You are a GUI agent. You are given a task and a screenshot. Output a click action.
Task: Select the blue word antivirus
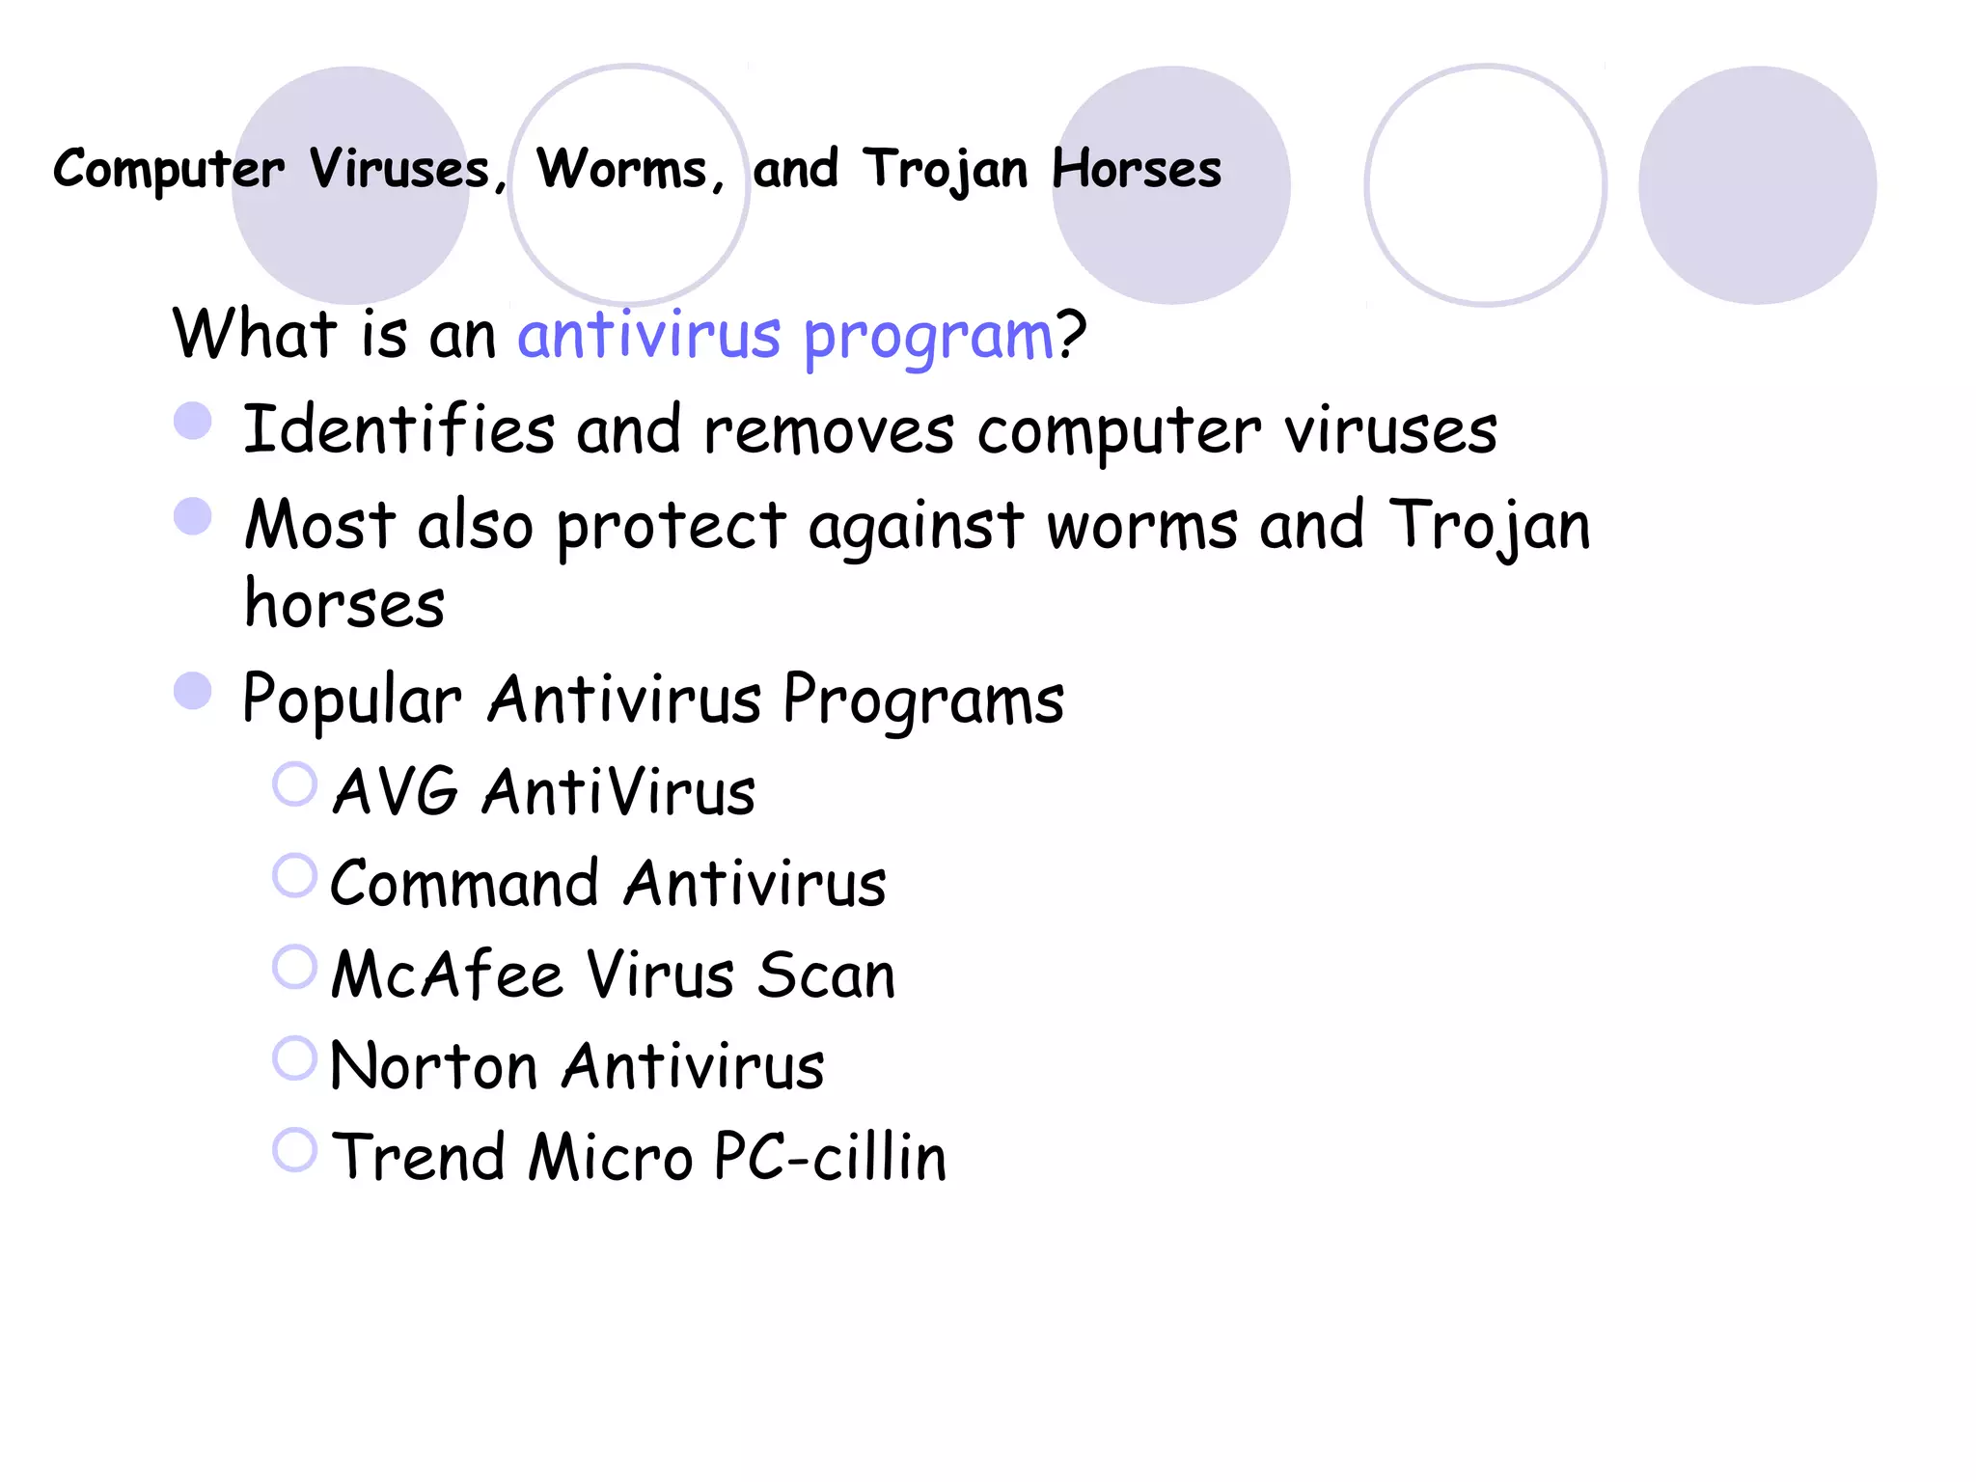point(648,335)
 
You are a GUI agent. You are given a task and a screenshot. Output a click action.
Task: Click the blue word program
point(927,338)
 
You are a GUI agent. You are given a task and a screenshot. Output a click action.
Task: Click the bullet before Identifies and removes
point(193,421)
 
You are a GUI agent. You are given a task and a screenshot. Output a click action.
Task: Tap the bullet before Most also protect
point(193,516)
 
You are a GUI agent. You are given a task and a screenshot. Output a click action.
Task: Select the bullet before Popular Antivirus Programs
point(193,691)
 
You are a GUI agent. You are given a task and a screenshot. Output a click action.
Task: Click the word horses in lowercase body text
point(344,604)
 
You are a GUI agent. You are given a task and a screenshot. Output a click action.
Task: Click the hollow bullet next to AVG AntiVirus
point(294,783)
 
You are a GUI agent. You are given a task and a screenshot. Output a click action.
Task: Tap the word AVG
point(395,791)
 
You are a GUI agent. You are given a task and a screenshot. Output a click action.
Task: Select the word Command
point(464,883)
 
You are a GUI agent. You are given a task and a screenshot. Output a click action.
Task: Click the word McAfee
point(447,974)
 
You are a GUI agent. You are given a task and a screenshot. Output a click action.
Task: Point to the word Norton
point(433,1066)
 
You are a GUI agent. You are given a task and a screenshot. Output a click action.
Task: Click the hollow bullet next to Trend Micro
point(294,1150)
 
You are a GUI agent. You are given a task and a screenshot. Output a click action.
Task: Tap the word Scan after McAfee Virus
point(826,974)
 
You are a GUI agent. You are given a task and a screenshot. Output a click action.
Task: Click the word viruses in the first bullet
point(1390,429)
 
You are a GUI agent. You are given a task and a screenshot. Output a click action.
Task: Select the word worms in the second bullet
point(1141,526)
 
